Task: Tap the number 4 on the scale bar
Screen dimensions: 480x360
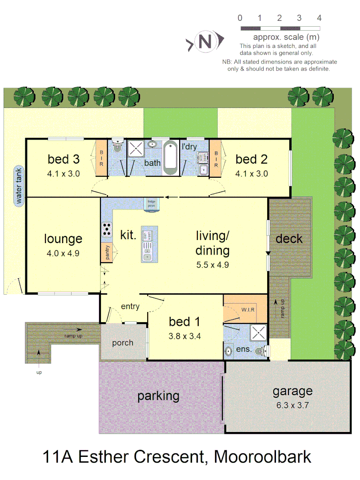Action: coord(319,18)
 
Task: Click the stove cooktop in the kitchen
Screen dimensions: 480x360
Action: coord(107,229)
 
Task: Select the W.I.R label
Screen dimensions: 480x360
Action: coord(248,309)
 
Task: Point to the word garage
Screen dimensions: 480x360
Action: coord(292,392)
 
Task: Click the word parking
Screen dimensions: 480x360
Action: coord(158,396)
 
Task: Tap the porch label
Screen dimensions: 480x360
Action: coord(123,343)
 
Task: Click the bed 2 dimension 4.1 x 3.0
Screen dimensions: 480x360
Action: coord(252,174)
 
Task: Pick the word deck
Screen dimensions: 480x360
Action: coord(289,239)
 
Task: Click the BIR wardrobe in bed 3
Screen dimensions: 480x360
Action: coord(101,159)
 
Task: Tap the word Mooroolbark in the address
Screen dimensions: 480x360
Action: coord(262,456)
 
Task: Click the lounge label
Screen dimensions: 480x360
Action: coord(63,239)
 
